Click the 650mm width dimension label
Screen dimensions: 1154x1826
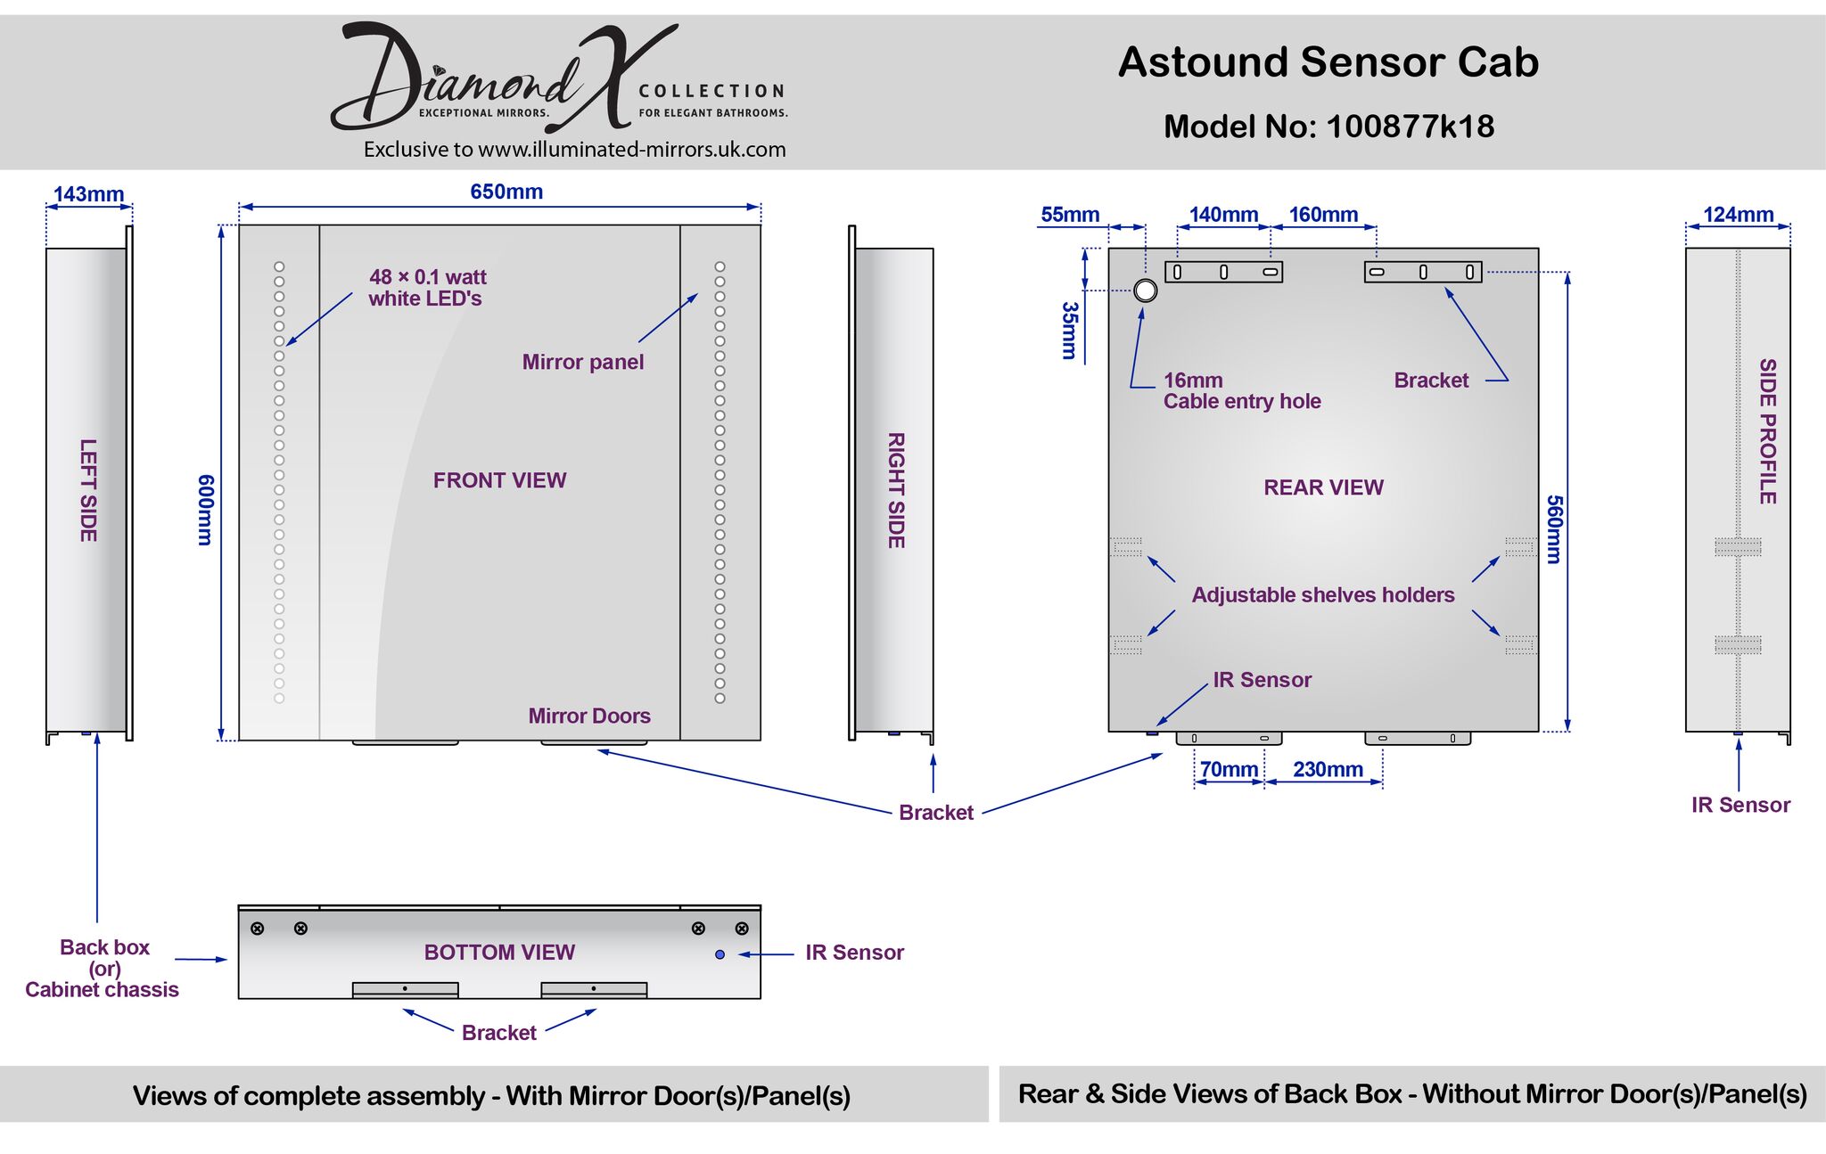pyautogui.click(x=506, y=192)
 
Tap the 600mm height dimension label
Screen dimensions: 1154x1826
pyautogui.click(x=205, y=510)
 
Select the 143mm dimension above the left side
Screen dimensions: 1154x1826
pyautogui.click(x=88, y=194)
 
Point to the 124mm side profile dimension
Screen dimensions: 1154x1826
pyautogui.click(x=1738, y=215)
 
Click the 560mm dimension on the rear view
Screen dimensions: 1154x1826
pyautogui.click(x=1554, y=529)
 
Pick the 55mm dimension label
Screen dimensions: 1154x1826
pyautogui.click(x=1070, y=215)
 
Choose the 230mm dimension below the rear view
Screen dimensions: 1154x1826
pyautogui.click(x=1328, y=769)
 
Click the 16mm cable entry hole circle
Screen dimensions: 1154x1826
pyautogui.click(x=1146, y=291)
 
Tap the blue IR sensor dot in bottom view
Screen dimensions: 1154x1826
pyautogui.click(x=720, y=954)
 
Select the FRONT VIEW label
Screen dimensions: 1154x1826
pyautogui.click(x=499, y=480)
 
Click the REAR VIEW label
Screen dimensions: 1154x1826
pyautogui.click(x=1323, y=487)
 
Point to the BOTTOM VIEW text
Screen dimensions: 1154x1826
pyautogui.click(x=499, y=953)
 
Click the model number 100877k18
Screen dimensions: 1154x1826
pyautogui.click(x=1410, y=127)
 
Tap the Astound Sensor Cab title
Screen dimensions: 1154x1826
pyautogui.click(x=1328, y=62)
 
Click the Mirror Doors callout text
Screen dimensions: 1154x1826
pyautogui.click(x=588, y=716)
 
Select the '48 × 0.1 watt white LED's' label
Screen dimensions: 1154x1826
pyautogui.click(x=427, y=288)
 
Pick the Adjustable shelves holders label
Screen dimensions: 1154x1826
pyautogui.click(x=1322, y=594)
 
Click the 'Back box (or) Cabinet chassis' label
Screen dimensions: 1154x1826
pyautogui.click(x=103, y=968)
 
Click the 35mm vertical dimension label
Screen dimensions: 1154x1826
pyautogui.click(x=1070, y=331)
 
